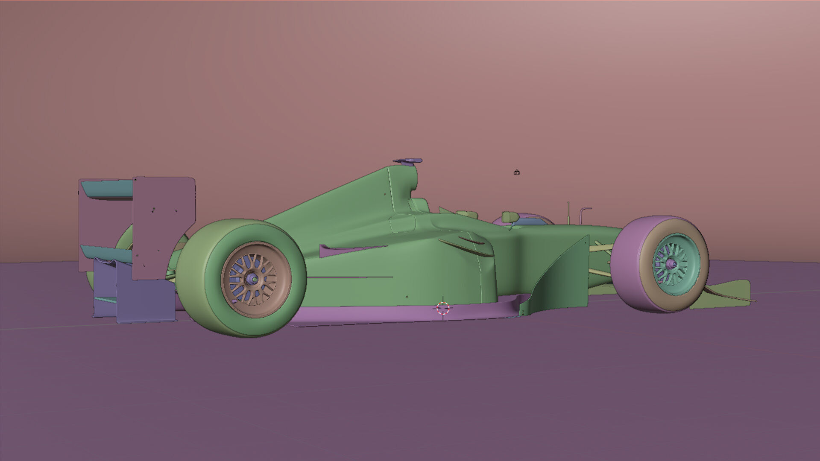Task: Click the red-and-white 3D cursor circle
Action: coord(443,308)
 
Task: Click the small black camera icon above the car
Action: coord(517,172)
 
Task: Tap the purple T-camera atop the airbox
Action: coord(408,161)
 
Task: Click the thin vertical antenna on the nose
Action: coord(568,212)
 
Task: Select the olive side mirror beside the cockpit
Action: coord(508,216)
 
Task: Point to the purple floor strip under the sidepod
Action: coord(384,314)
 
